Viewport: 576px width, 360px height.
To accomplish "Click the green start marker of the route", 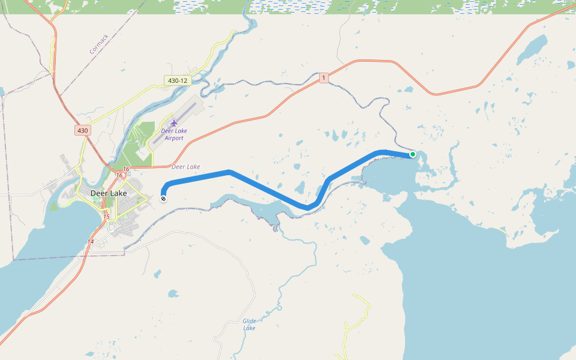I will (x=413, y=154).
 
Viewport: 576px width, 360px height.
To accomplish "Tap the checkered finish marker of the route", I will (x=163, y=198).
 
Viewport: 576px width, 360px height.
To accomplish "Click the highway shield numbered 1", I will (x=324, y=78).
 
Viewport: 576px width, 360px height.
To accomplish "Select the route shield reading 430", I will (x=82, y=130).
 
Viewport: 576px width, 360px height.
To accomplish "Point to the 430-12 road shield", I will (x=178, y=80).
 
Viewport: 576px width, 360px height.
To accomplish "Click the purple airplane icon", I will (x=174, y=123).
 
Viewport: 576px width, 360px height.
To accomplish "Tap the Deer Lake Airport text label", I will (x=172, y=134).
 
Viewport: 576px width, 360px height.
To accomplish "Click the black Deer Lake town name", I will (x=109, y=193).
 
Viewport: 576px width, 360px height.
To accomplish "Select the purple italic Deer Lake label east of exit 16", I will (x=186, y=167).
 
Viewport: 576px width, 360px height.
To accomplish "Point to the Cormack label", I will (x=99, y=44).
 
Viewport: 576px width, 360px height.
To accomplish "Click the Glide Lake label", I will (x=250, y=325).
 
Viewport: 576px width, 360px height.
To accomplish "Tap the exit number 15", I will (x=106, y=217).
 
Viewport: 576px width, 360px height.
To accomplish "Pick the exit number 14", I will (x=91, y=241).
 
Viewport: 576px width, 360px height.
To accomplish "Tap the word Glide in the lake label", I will (x=250, y=321).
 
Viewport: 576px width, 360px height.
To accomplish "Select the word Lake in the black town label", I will (x=118, y=193).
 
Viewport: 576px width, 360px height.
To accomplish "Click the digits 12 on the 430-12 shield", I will (x=184, y=80).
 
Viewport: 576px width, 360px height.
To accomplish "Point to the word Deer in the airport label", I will (x=166, y=130).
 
